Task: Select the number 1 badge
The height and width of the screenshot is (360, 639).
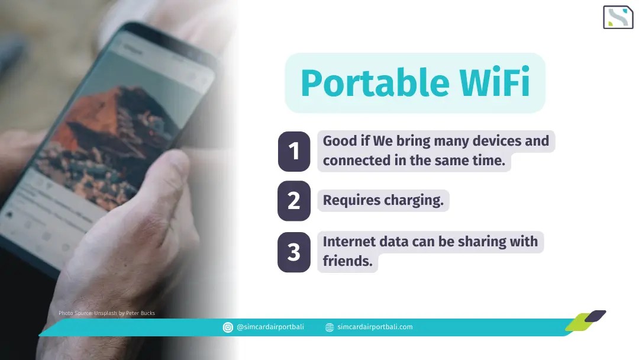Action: click(x=294, y=152)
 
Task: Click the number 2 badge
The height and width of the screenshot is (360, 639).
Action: click(x=294, y=201)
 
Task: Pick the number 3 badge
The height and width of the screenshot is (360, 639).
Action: click(x=294, y=252)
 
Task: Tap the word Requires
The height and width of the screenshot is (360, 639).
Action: click(x=351, y=200)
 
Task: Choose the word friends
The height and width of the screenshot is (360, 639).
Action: click(x=347, y=261)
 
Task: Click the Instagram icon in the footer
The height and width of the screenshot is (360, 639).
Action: click(x=228, y=327)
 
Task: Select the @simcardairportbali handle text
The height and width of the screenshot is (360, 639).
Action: click(x=270, y=327)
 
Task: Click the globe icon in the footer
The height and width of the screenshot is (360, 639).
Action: click(x=330, y=327)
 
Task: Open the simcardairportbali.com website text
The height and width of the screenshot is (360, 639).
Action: click(x=375, y=327)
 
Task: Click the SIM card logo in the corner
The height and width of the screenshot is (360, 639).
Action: click(x=618, y=17)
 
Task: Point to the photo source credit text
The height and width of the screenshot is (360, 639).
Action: click(x=106, y=313)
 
